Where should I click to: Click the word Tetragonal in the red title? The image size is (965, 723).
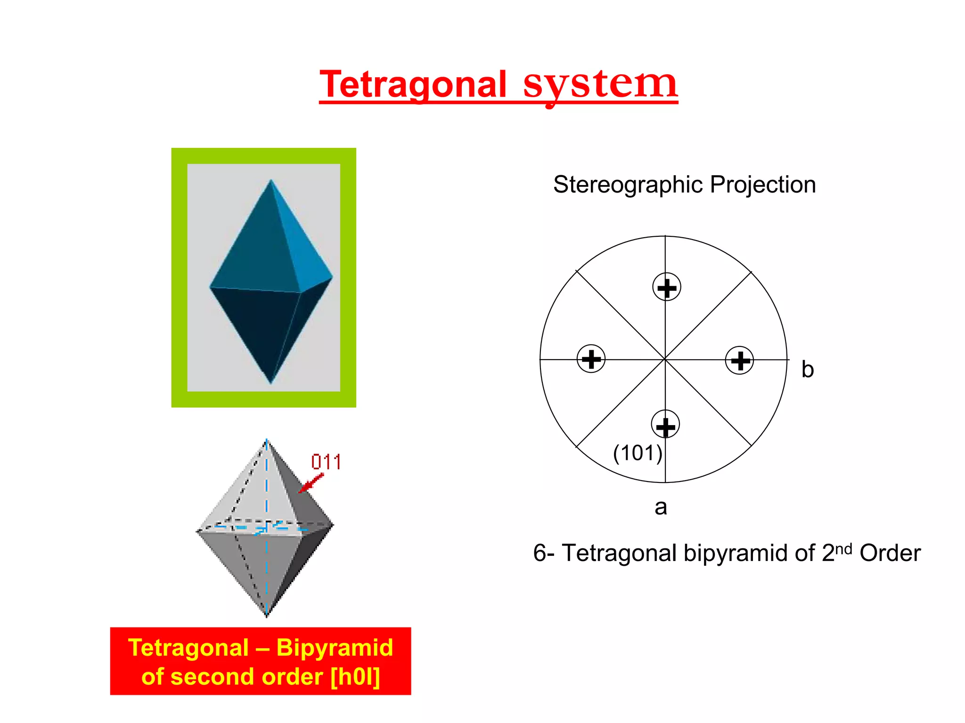(x=413, y=85)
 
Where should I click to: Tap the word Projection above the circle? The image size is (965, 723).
(x=763, y=185)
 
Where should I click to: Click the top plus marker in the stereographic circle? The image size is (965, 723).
(x=667, y=287)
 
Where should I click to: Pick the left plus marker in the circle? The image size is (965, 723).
(x=591, y=359)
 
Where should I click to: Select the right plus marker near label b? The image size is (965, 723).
(x=739, y=361)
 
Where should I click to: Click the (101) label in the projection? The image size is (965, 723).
(x=638, y=453)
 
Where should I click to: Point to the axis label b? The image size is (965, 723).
(x=808, y=370)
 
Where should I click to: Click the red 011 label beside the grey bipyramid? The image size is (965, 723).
(x=326, y=462)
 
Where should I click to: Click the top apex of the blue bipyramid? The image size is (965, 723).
(x=271, y=180)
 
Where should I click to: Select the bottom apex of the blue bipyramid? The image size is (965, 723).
(x=271, y=383)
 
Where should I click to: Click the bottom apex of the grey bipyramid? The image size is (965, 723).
(x=267, y=615)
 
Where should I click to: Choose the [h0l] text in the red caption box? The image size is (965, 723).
(x=355, y=677)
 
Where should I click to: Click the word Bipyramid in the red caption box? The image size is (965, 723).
(x=335, y=648)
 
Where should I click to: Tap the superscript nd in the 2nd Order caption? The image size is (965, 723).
(x=843, y=549)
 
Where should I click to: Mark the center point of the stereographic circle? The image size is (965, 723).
(x=665, y=360)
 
